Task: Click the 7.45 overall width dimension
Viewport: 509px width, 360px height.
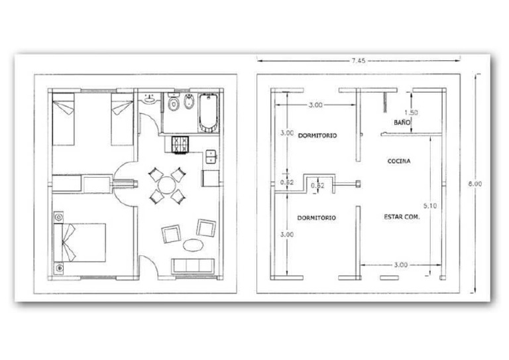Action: (x=359, y=60)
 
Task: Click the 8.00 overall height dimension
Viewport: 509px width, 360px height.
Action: (x=475, y=184)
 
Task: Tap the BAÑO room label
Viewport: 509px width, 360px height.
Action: (x=402, y=123)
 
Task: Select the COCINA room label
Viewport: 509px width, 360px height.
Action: (x=399, y=161)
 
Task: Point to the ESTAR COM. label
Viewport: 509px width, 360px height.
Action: (x=402, y=217)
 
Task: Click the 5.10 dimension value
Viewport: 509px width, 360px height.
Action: (x=429, y=206)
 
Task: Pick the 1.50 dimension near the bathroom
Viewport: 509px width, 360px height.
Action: (x=411, y=113)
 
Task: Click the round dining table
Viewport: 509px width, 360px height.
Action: (x=166, y=186)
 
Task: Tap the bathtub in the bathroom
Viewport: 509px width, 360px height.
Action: (x=208, y=113)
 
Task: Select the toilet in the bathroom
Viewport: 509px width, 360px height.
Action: (x=174, y=102)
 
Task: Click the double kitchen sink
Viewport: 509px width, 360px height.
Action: (x=211, y=156)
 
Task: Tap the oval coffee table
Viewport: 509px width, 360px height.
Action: (x=193, y=245)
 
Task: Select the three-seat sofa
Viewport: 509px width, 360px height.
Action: (x=194, y=267)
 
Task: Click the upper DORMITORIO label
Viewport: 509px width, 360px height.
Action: (x=317, y=135)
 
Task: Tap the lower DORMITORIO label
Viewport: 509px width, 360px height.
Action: (x=317, y=218)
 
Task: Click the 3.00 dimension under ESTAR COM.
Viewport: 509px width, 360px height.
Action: (x=400, y=265)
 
